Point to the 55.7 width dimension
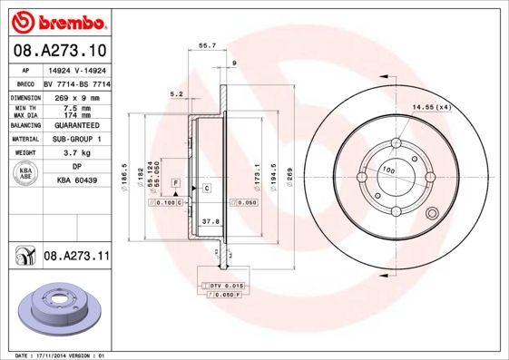point(206,44)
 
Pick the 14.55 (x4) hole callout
point(431,108)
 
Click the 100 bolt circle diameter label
point(388,170)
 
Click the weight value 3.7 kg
point(77,153)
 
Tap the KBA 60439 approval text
point(77,180)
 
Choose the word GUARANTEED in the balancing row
point(77,125)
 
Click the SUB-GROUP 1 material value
point(77,139)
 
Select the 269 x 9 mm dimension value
point(77,97)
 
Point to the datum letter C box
point(206,188)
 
